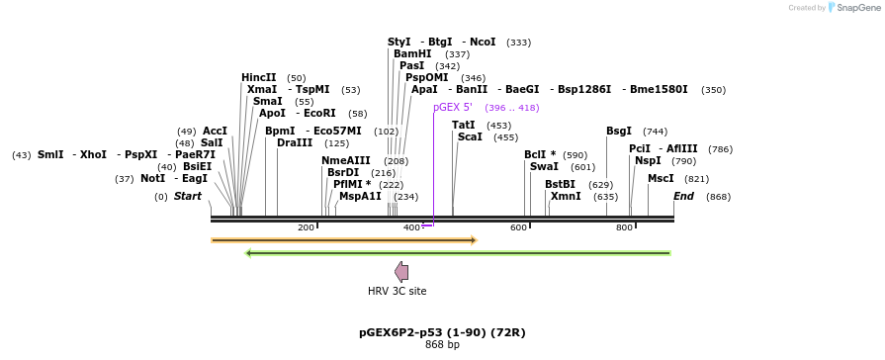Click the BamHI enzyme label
[x=412, y=54]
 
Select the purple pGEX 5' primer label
[x=453, y=107]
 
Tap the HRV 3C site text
[x=398, y=291]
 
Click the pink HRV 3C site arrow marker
[x=400, y=272]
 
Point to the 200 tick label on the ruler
[x=306, y=228]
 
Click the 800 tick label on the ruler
[x=624, y=228]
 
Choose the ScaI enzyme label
[x=470, y=137]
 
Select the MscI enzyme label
[x=661, y=179]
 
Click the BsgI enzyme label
[x=619, y=132]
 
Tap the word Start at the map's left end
[x=188, y=197]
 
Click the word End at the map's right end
[x=683, y=197]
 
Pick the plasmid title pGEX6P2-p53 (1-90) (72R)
[x=442, y=332]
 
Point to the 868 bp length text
[x=442, y=345]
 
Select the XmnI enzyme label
[x=566, y=197]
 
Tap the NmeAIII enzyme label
[x=346, y=160]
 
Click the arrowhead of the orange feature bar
[x=474, y=240]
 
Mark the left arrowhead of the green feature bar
[x=248, y=253]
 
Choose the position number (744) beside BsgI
[x=655, y=132]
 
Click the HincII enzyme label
[x=259, y=77]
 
